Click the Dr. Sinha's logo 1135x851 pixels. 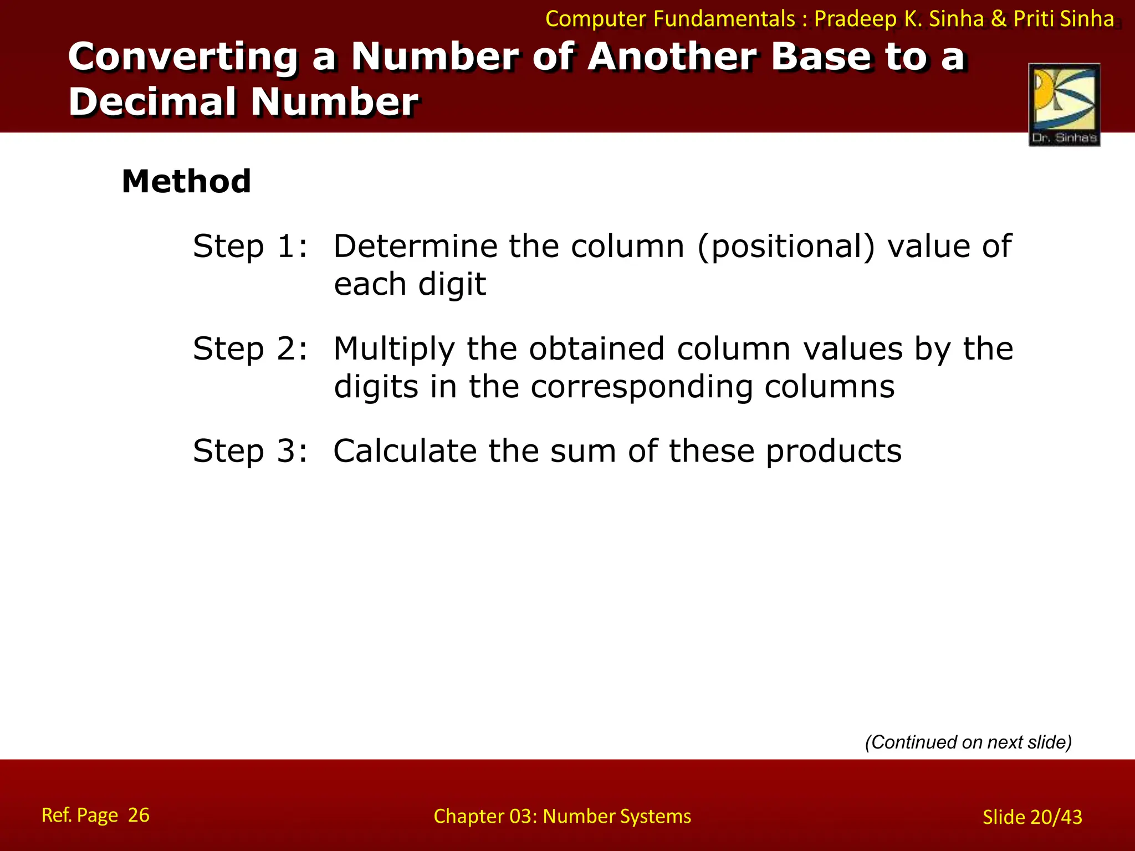(1064, 105)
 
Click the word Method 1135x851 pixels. (186, 181)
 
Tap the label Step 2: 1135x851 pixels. (250, 349)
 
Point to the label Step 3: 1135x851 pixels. (250, 451)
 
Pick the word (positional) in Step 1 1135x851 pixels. (786, 247)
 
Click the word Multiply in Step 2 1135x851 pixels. (394, 350)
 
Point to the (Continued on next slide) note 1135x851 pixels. (968, 742)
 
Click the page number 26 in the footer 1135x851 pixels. (139, 815)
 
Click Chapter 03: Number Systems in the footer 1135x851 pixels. (562, 816)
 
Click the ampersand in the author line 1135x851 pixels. (998, 19)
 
